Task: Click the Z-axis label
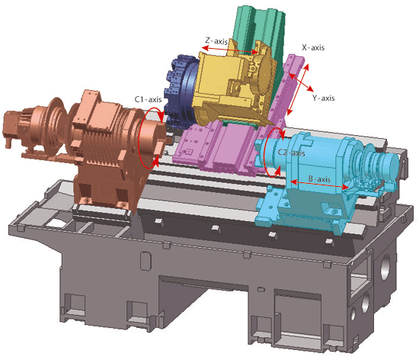tap(216, 41)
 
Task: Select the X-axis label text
tap(313, 47)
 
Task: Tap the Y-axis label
tap(323, 98)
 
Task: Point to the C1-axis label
tap(148, 99)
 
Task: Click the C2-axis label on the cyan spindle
tap(291, 153)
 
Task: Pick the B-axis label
tap(319, 178)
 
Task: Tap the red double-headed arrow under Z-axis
tap(230, 50)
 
